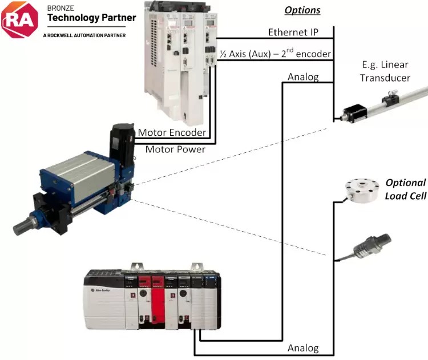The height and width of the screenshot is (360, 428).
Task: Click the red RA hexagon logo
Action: coord(21,19)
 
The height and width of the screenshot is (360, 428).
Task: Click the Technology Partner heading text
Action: coord(91,18)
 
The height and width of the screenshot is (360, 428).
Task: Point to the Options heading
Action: coord(302,10)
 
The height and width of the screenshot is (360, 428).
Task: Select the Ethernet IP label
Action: coord(293,32)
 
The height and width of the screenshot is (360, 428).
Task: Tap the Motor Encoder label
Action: coord(172,133)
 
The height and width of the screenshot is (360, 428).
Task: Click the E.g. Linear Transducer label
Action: coord(385,71)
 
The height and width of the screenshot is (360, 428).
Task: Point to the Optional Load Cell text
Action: coord(405,189)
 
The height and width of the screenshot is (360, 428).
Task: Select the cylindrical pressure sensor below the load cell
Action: coord(370,245)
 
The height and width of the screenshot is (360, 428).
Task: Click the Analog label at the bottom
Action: coord(303,348)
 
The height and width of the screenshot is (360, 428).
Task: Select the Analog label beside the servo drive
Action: coord(303,77)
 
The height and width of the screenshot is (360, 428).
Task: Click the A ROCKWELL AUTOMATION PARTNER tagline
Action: coord(84,35)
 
